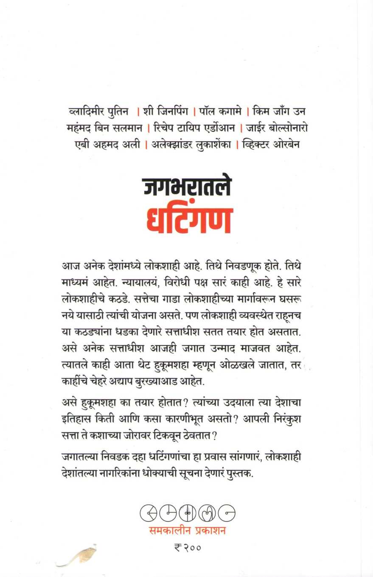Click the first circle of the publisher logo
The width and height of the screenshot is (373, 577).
(148, 514)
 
